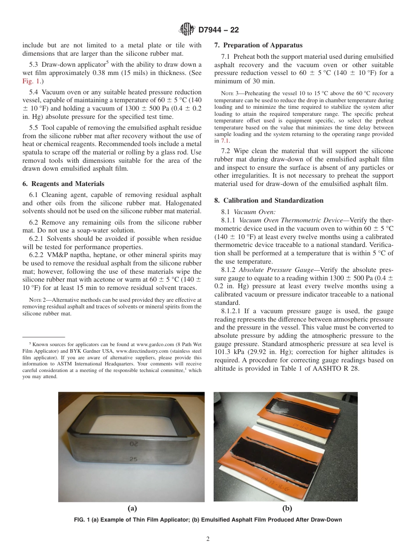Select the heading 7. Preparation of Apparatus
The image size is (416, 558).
(x=258, y=45)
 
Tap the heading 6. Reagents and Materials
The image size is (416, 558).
(x=63, y=184)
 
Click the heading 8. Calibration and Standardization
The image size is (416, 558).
(x=269, y=200)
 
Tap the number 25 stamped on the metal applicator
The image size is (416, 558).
(x=134, y=459)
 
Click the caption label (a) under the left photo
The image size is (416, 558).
(x=132, y=508)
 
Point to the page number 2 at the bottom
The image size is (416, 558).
(x=208, y=539)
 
